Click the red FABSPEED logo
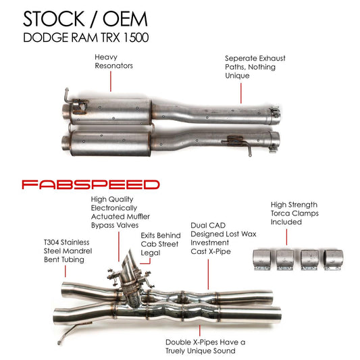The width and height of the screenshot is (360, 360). tap(90, 184)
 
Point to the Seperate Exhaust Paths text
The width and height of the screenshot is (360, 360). tap(255, 67)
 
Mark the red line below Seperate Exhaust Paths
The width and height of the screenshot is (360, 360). tap(241, 92)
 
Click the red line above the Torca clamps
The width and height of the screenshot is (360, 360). tap(287, 236)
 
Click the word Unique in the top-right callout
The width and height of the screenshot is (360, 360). tap(239, 76)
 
